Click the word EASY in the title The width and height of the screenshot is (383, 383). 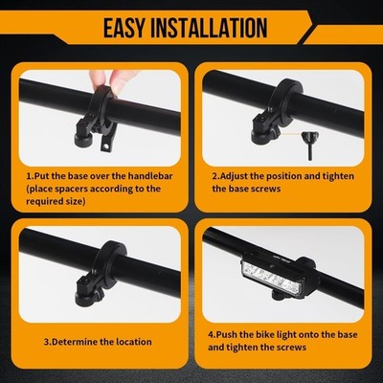124,28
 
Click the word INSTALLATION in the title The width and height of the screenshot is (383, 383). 209,28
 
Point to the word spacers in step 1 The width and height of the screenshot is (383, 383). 72,189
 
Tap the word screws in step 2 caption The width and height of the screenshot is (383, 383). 264,189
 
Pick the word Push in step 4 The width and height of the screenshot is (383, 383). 226,335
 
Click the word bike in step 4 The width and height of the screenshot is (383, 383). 264,335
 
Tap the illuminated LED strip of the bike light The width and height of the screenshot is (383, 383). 271,276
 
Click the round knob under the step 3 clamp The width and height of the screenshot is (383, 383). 85,299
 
